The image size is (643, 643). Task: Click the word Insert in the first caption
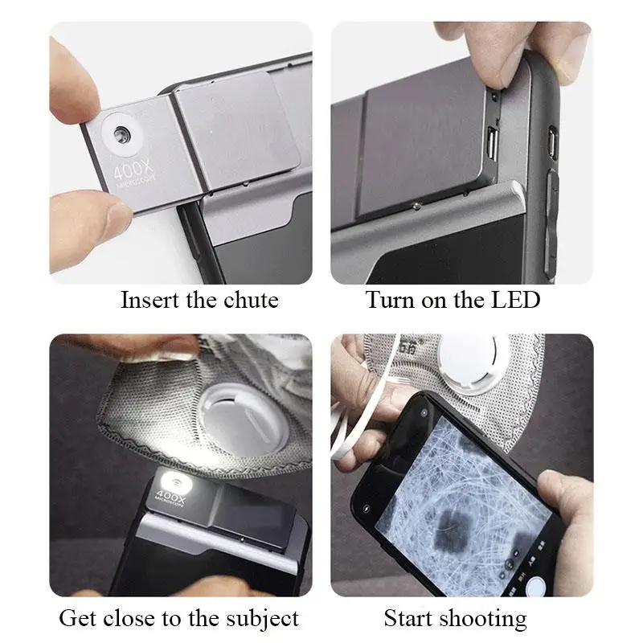(147, 301)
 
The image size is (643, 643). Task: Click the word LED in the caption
(516, 301)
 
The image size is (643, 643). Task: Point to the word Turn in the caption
(391, 301)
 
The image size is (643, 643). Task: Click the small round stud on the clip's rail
(414, 207)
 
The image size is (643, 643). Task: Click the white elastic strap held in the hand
(362, 418)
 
